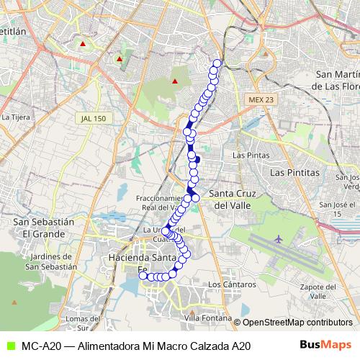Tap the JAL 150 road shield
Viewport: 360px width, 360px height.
pyautogui.click(x=94, y=117)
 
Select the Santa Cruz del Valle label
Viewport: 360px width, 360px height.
pyautogui.click(x=232, y=199)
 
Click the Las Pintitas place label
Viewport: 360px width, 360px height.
pyautogui.click(x=294, y=173)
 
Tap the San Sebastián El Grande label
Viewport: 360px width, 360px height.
pyautogui.click(x=44, y=228)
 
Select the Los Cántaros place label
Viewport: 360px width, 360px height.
pyautogui.click(x=231, y=285)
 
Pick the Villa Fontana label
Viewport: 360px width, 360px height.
pyautogui.click(x=208, y=318)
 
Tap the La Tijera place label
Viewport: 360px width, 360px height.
pyautogui.click(x=14, y=116)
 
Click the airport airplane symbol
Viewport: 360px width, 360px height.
pyautogui.click(x=279, y=238)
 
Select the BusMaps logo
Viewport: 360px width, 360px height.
pyautogui.click(x=326, y=346)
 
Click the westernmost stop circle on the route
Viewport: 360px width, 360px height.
pyautogui.click(x=143, y=276)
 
